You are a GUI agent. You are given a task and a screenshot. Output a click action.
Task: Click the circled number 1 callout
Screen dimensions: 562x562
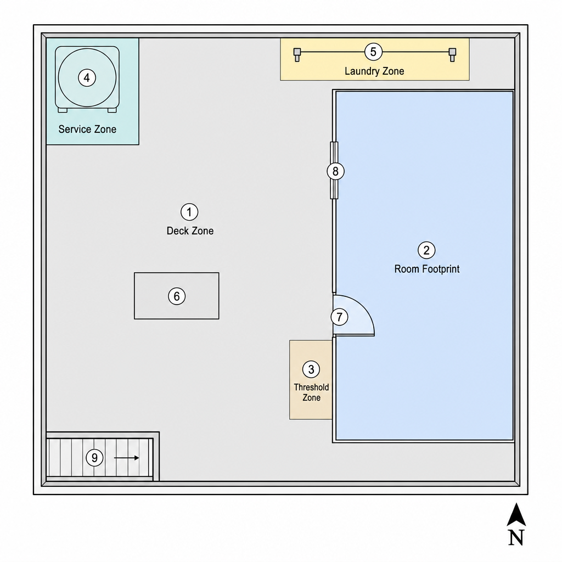189,212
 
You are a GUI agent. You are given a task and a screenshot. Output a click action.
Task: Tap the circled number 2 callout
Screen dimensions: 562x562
426,250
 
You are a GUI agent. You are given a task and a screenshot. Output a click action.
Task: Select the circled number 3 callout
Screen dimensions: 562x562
311,369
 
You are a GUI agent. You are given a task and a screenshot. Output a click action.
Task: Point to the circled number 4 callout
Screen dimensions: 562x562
87,77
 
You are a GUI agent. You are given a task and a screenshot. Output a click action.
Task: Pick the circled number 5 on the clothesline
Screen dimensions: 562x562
373,52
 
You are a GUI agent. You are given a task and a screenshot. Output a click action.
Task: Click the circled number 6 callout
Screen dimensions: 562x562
177,296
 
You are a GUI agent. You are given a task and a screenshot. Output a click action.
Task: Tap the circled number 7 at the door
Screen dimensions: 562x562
339,317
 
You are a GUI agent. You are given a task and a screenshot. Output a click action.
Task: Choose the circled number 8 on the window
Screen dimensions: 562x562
335,171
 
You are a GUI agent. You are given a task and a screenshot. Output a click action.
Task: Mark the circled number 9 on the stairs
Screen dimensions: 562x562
94,458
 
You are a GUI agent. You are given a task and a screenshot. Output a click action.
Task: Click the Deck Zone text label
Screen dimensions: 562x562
190,231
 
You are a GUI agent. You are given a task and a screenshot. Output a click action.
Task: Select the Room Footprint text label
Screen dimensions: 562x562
427,269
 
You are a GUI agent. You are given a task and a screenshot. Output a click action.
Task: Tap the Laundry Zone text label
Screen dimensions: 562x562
374,71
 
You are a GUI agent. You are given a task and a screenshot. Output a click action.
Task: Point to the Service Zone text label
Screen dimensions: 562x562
87,129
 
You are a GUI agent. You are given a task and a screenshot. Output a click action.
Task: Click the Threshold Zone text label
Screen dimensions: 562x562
312,392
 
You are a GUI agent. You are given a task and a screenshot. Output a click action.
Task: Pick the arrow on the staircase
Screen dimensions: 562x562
127,458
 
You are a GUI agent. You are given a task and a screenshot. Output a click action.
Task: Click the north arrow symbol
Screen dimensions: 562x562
516,515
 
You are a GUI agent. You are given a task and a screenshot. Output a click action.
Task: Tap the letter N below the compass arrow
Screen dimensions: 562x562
516,537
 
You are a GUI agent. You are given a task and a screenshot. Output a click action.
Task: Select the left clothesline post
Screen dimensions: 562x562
297,55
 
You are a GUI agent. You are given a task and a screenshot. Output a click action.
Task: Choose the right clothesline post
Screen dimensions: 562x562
452,55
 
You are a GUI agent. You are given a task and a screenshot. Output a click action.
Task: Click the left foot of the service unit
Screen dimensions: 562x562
63,110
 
